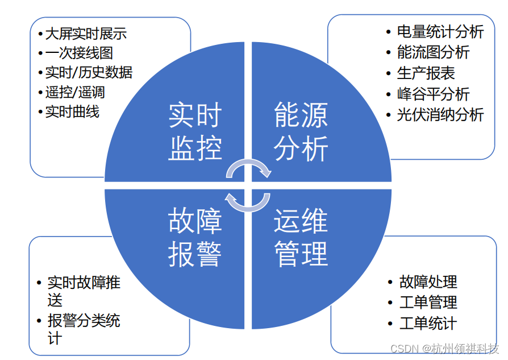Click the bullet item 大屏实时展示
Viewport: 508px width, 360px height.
[85, 34]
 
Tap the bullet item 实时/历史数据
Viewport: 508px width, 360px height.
[89, 73]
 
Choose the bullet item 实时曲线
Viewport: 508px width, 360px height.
[72, 111]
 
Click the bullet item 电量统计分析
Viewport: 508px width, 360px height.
[440, 32]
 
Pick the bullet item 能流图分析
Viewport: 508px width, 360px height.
[433, 52]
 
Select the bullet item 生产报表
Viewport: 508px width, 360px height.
[426, 73]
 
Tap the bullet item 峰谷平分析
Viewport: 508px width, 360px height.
[433, 94]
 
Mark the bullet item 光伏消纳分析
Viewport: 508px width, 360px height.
[440, 114]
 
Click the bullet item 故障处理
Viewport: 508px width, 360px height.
[428, 282]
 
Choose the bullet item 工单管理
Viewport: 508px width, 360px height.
[428, 303]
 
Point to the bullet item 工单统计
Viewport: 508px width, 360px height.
[428, 324]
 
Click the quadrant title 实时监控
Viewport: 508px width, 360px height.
[195, 133]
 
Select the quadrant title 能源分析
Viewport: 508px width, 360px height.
[301, 133]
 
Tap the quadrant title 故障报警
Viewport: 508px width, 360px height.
[195, 237]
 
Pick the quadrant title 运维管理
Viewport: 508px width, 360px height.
[301, 237]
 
